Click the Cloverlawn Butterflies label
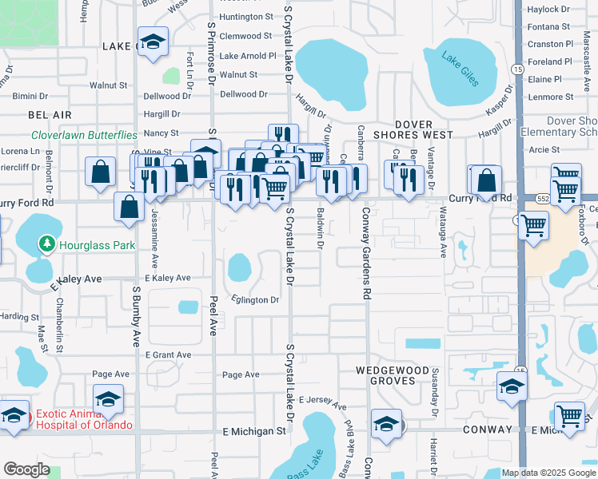tap(85, 136)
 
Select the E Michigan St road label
tap(253, 430)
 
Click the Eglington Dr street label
tap(255, 300)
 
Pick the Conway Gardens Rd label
tap(367, 253)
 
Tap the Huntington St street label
tap(246, 17)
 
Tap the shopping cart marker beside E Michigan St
tap(568, 415)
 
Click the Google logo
tap(26, 469)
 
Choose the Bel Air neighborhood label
tap(45, 116)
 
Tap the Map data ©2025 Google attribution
tap(548, 472)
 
